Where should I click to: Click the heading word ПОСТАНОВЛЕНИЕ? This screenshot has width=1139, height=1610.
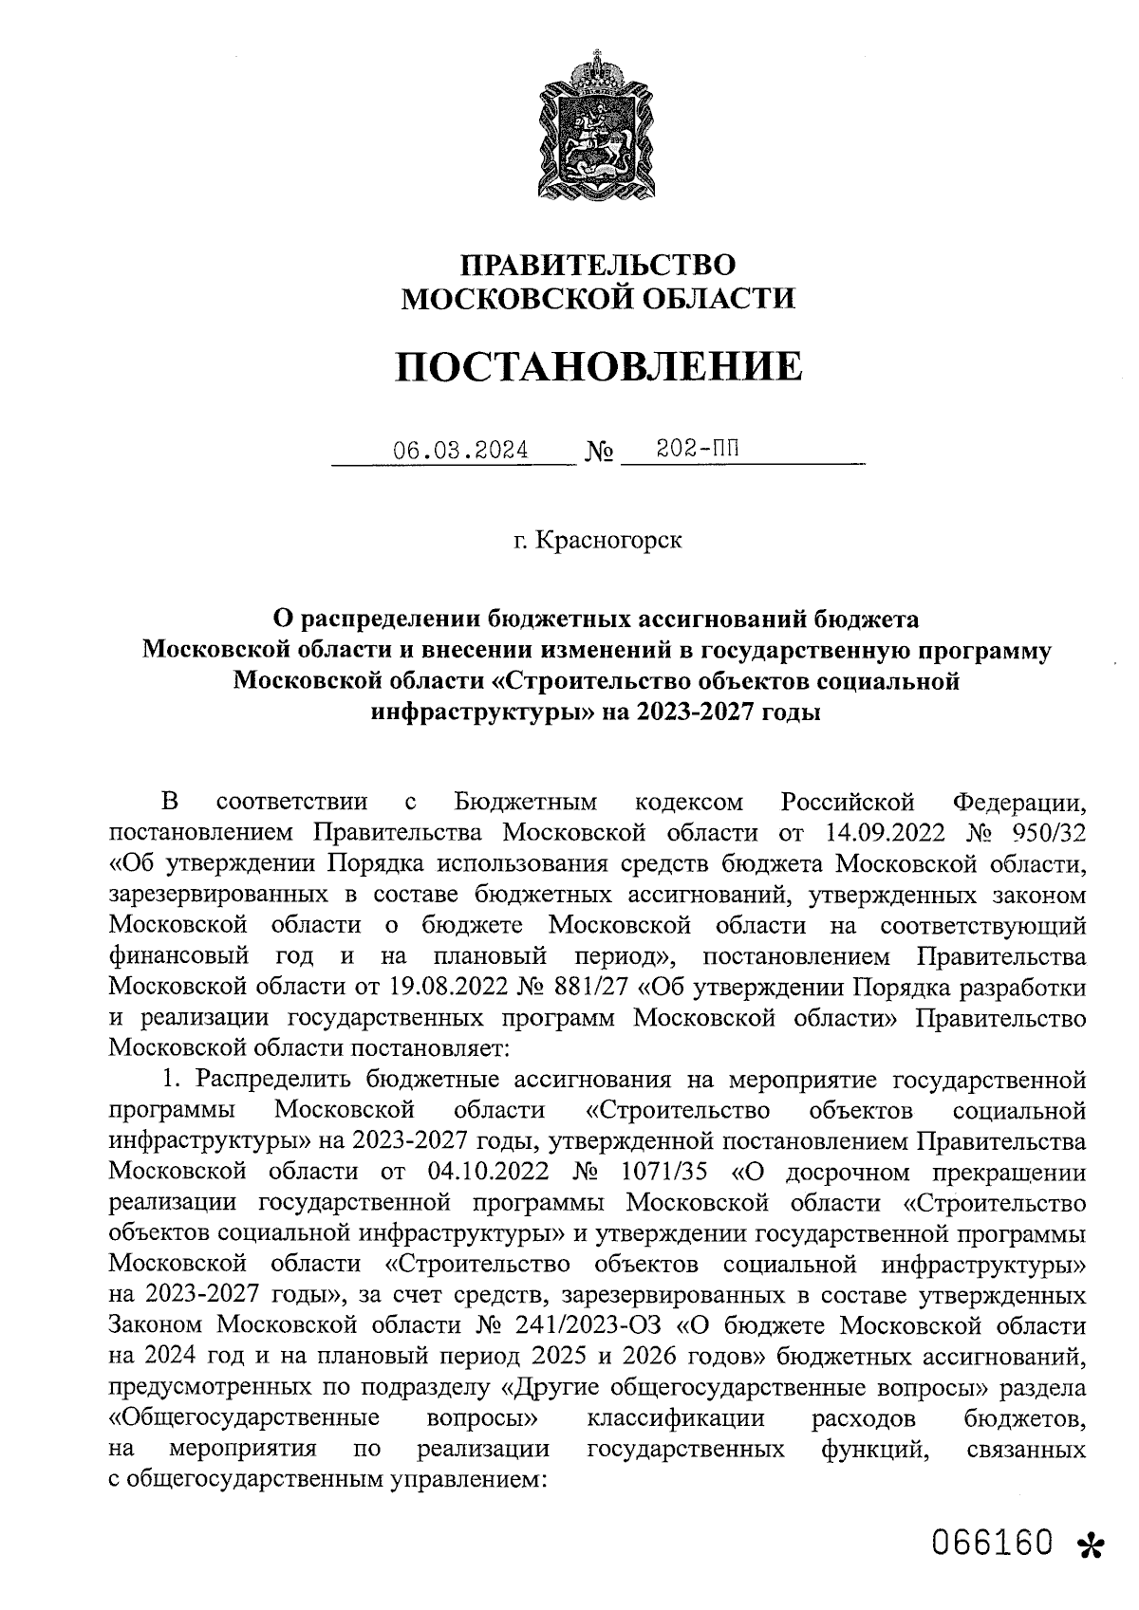(598, 366)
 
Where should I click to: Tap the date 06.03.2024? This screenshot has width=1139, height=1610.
(461, 450)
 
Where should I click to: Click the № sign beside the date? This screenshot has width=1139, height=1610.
(598, 453)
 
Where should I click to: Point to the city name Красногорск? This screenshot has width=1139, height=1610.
(608, 541)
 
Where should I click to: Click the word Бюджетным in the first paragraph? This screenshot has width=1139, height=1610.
(526, 804)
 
